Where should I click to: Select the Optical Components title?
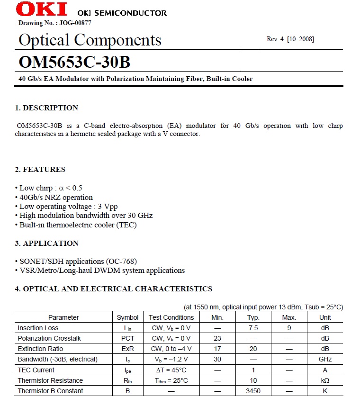[x=90, y=40]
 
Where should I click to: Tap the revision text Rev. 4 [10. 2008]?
[x=290, y=39]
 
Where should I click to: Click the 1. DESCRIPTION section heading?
[x=46, y=108]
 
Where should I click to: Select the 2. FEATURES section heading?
[x=40, y=170]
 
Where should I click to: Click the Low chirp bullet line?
[x=51, y=188]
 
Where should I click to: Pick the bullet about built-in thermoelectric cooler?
[x=78, y=225]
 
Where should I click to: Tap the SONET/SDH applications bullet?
[x=78, y=261]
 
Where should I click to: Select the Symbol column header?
[x=128, y=317]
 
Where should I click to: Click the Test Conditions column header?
[x=171, y=317]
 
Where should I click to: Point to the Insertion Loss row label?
[x=38, y=328]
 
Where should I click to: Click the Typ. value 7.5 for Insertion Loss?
[x=253, y=328]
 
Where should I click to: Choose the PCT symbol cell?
[x=128, y=338]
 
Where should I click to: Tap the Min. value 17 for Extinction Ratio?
[x=217, y=349]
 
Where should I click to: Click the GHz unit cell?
[x=325, y=359]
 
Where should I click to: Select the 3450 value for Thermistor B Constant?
[x=253, y=391]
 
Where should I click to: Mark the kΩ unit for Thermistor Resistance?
[x=325, y=380]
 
